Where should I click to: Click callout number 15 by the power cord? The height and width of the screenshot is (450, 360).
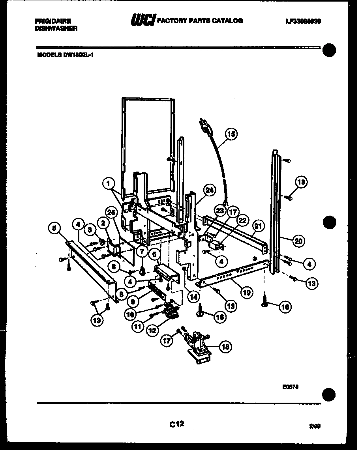click(231, 134)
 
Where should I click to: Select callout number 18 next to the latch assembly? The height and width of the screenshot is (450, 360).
click(225, 347)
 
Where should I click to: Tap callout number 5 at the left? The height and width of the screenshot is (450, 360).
click(55, 228)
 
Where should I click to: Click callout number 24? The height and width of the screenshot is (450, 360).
click(209, 190)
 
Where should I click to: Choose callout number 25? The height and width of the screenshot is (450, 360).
click(112, 213)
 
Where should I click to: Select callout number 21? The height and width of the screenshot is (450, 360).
click(258, 226)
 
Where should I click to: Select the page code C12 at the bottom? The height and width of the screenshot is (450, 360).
click(177, 424)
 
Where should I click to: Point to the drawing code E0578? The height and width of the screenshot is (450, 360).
click(290, 388)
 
